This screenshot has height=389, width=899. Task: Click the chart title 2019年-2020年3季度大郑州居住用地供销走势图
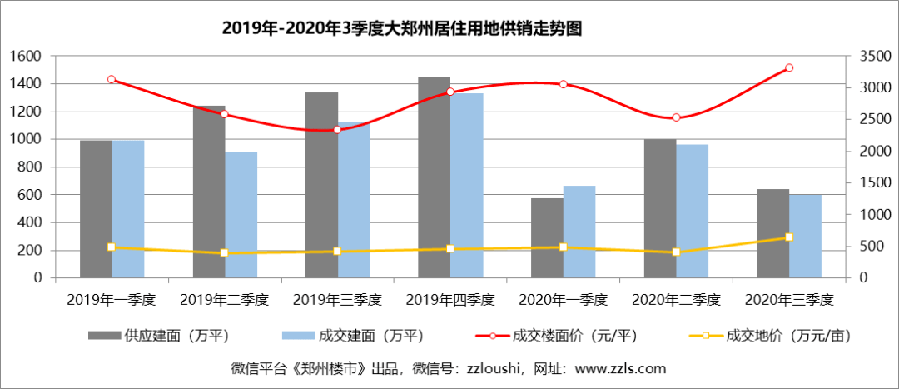pyautogui.click(x=401, y=28)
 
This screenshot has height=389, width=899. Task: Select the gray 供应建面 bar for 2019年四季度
pyautogui.click(x=434, y=177)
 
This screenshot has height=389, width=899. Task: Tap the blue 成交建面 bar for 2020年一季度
pyautogui.click(x=579, y=232)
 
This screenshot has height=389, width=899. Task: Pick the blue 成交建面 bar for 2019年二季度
pyautogui.click(x=241, y=215)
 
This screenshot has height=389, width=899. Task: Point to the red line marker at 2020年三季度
pyautogui.click(x=788, y=67)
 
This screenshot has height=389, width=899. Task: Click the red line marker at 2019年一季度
pyautogui.click(x=112, y=79)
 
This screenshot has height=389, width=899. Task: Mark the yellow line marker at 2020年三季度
pyautogui.click(x=788, y=237)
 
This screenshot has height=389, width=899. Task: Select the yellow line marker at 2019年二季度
pyautogui.click(x=225, y=252)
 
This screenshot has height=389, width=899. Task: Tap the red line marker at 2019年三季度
pyautogui.click(x=337, y=130)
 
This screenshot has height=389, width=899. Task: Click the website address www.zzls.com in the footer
pyautogui.click(x=620, y=367)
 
